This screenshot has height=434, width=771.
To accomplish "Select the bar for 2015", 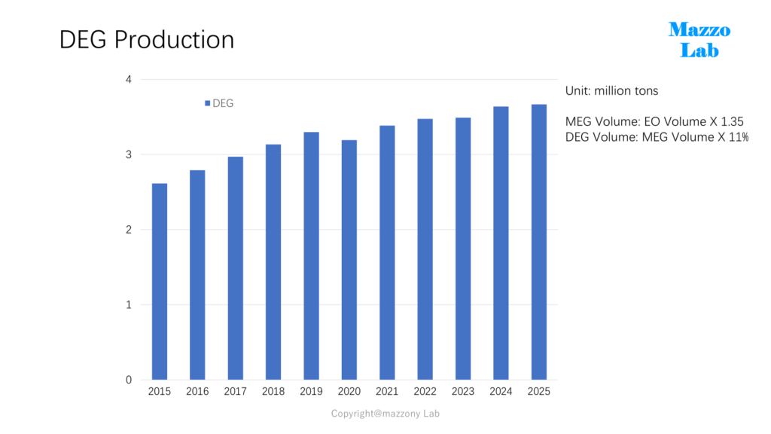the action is (x=160, y=282).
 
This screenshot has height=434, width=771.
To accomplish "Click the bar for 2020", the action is (x=349, y=260).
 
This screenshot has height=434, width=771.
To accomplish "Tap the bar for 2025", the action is (x=539, y=242).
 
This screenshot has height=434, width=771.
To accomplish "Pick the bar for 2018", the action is (x=273, y=262).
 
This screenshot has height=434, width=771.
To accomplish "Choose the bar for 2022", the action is (x=425, y=249).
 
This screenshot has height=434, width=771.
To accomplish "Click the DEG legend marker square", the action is (x=208, y=103).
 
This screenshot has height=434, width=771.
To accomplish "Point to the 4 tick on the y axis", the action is (x=129, y=80).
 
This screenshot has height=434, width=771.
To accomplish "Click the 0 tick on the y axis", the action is (x=129, y=380).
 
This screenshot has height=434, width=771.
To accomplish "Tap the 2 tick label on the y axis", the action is (x=129, y=230).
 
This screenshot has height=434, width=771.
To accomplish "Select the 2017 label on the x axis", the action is (x=235, y=392).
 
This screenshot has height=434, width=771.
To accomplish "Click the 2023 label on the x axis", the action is (x=463, y=392).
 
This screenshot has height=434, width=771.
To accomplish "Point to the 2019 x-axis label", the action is (x=311, y=392).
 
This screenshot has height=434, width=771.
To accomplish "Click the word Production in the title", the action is (x=174, y=40).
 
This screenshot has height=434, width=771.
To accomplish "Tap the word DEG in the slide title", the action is (x=83, y=40).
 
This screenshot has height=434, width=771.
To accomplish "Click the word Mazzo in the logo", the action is (x=699, y=30).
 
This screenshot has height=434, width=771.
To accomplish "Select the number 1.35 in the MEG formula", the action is (x=732, y=121).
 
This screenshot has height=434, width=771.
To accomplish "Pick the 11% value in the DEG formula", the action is (x=739, y=137).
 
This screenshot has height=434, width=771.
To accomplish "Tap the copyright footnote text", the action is (x=385, y=414).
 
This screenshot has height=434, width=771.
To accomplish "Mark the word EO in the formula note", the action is (x=651, y=121).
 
